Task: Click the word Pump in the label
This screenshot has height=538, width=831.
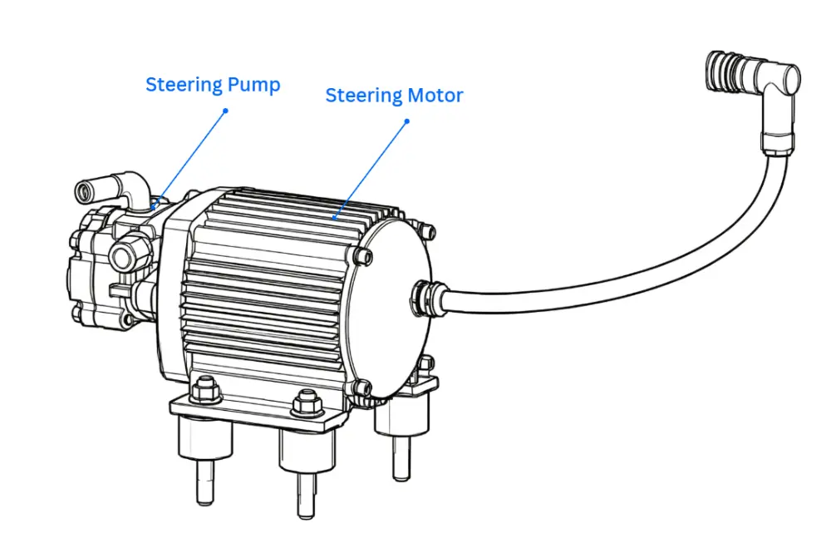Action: point(253,85)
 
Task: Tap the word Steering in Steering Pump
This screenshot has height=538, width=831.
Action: point(184,86)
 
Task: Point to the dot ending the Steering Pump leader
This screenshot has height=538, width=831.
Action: point(225,111)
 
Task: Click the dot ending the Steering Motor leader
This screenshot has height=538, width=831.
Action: point(407,121)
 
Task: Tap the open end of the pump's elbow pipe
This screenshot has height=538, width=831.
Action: point(82,190)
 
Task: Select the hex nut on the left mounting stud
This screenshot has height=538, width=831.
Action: point(205,391)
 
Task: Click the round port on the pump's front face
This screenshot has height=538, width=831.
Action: point(124,257)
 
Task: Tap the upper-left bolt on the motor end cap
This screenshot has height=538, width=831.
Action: point(362,256)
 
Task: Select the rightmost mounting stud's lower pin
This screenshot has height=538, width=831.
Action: point(401,458)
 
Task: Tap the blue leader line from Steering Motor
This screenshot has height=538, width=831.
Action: point(371,170)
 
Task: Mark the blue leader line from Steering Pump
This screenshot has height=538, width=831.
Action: point(189,159)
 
